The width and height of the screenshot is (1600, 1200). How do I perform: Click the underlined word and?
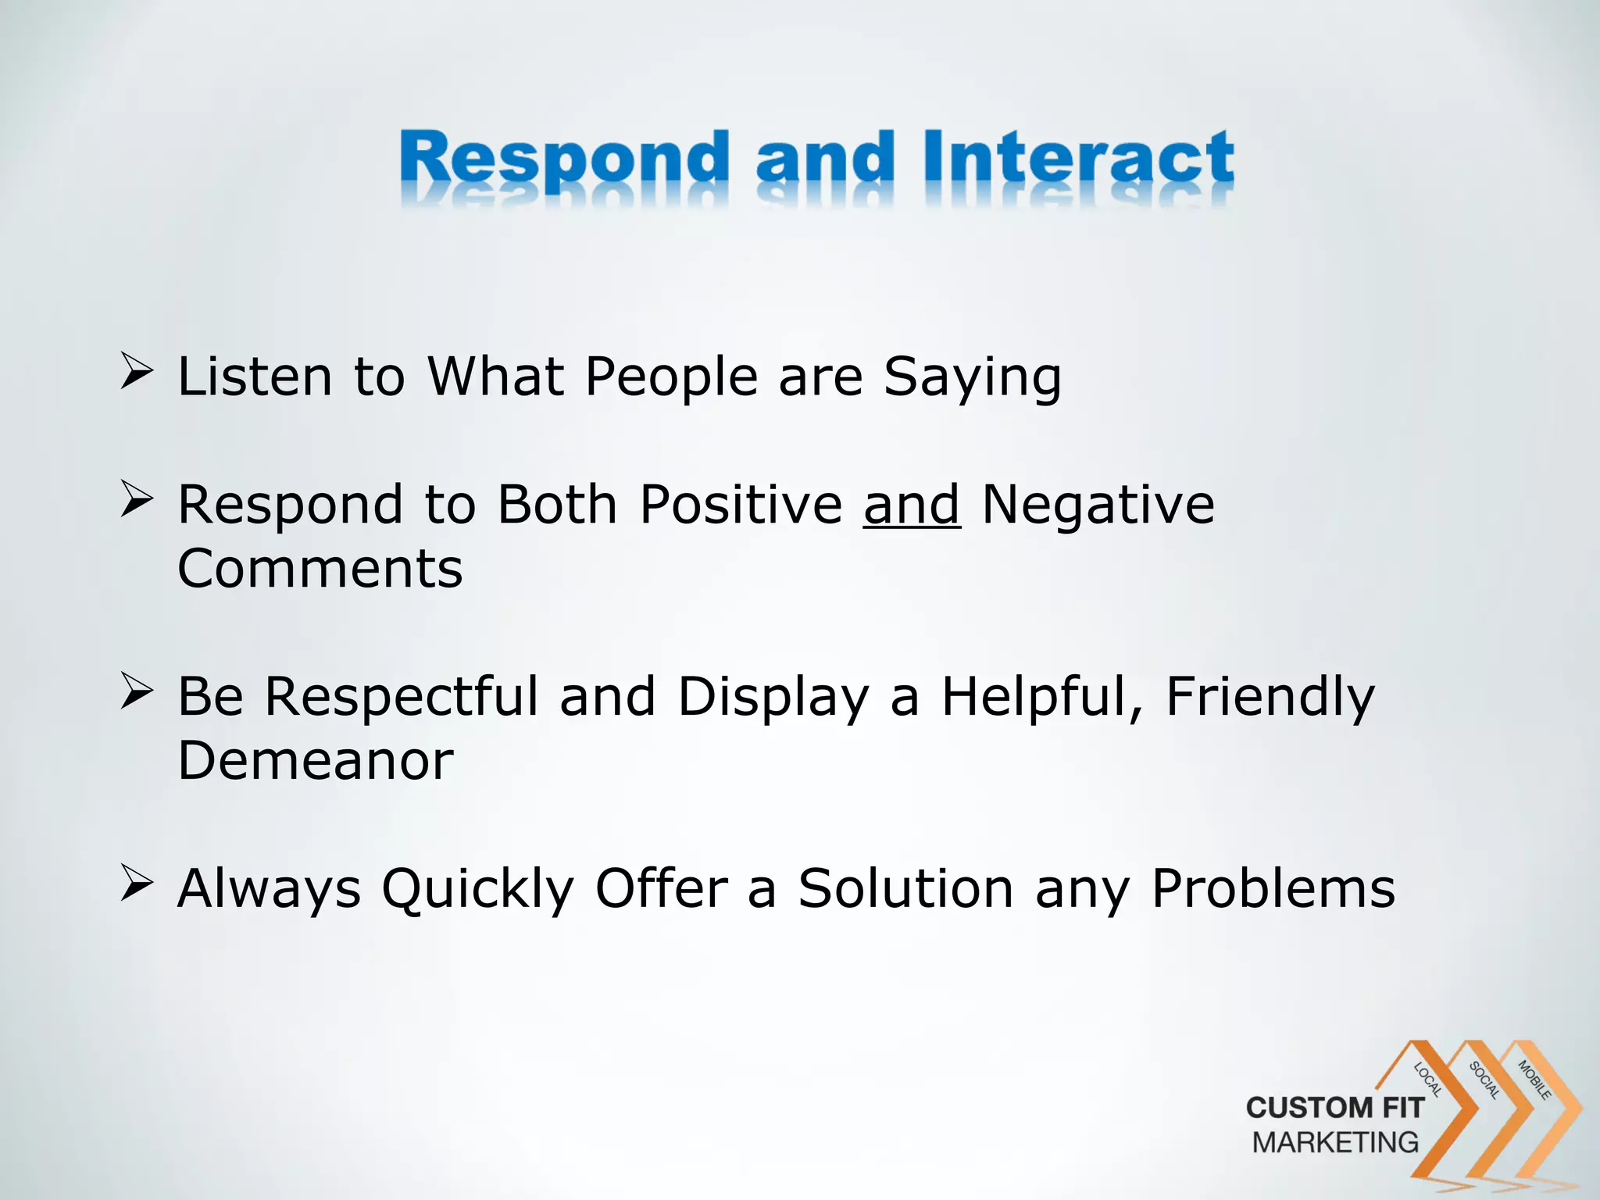click(x=911, y=505)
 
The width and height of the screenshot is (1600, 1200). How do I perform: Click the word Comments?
click(x=320, y=569)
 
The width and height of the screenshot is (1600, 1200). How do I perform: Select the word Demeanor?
click(x=316, y=761)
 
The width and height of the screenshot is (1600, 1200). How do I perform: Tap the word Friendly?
click(x=1270, y=697)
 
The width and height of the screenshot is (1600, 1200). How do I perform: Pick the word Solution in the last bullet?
click(x=905, y=888)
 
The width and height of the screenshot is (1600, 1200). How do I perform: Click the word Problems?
click(x=1273, y=888)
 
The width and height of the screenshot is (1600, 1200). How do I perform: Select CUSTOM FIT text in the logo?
click(x=1334, y=1108)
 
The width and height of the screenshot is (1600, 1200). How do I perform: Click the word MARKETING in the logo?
click(x=1335, y=1143)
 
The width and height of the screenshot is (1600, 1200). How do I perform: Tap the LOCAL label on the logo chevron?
click(x=1428, y=1080)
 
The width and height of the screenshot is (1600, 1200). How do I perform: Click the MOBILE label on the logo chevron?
click(x=1534, y=1080)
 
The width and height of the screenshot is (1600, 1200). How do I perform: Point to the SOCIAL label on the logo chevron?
click(x=1484, y=1080)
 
